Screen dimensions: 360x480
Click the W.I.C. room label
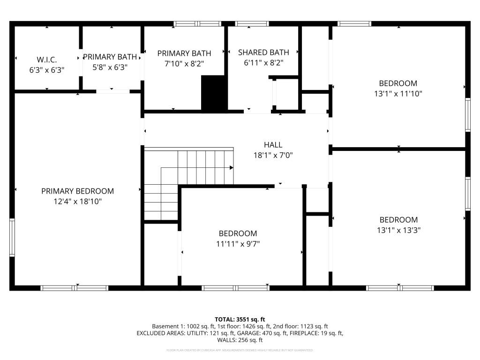(46, 60)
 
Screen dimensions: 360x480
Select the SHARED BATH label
(263, 52)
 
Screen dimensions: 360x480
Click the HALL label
(273, 145)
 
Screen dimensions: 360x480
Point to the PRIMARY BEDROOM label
(77, 191)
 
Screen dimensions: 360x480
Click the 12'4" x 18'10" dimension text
(77, 202)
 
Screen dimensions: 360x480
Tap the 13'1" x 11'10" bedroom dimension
(398, 94)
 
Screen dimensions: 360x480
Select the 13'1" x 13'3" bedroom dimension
(398, 230)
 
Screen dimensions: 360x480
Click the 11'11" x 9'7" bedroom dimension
(238, 244)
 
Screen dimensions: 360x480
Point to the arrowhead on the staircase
(231, 167)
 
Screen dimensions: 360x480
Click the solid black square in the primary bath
(214, 93)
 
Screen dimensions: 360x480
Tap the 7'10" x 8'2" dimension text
(184, 63)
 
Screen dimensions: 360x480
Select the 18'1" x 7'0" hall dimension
(273, 155)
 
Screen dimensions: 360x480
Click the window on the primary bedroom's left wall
(12, 237)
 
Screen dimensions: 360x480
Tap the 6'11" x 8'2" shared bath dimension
(263, 62)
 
